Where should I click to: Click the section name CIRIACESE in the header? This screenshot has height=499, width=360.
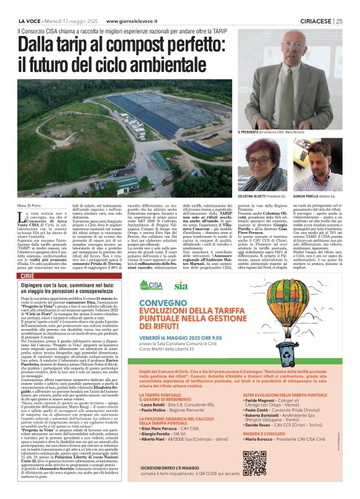pos(315,20)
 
